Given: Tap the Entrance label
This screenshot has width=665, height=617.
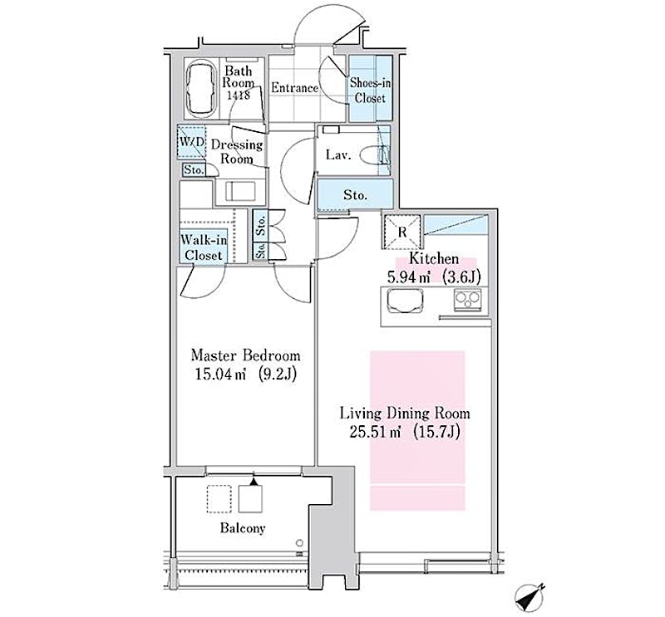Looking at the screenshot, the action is [x=294, y=88].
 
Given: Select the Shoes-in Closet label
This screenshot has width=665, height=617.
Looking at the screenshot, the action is [x=370, y=91].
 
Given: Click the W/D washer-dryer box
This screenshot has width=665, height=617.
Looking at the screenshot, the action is [x=191, y=141].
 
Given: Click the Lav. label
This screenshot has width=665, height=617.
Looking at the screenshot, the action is [x=338, y=155].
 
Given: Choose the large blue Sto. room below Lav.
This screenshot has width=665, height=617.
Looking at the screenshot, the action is [x=356, y=195].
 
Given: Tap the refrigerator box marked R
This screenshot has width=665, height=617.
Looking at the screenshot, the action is [x=402, y=232].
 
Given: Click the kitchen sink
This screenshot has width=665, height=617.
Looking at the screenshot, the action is [x=406, y=300].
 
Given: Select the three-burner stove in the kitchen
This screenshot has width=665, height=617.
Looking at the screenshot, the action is [x=468, y=301].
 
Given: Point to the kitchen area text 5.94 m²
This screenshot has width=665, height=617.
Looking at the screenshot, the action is [x=408, y=277].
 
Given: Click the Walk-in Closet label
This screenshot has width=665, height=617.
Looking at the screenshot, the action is [x=204, y=247].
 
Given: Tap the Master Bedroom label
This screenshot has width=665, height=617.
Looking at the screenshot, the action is [x=245, y=355].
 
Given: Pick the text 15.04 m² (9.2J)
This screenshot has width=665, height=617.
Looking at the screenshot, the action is [x=245, y=375].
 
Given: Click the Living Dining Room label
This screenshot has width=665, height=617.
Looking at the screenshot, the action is [x=405, y=414].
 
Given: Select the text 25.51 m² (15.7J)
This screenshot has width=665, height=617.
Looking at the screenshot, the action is [x=404, y=433].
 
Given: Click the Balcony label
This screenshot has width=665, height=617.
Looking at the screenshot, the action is [x=243, y=528].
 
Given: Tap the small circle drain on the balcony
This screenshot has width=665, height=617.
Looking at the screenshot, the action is [x=300, y=542].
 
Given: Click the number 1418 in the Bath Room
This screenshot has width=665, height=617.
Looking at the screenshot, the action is [x=239, y=95].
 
